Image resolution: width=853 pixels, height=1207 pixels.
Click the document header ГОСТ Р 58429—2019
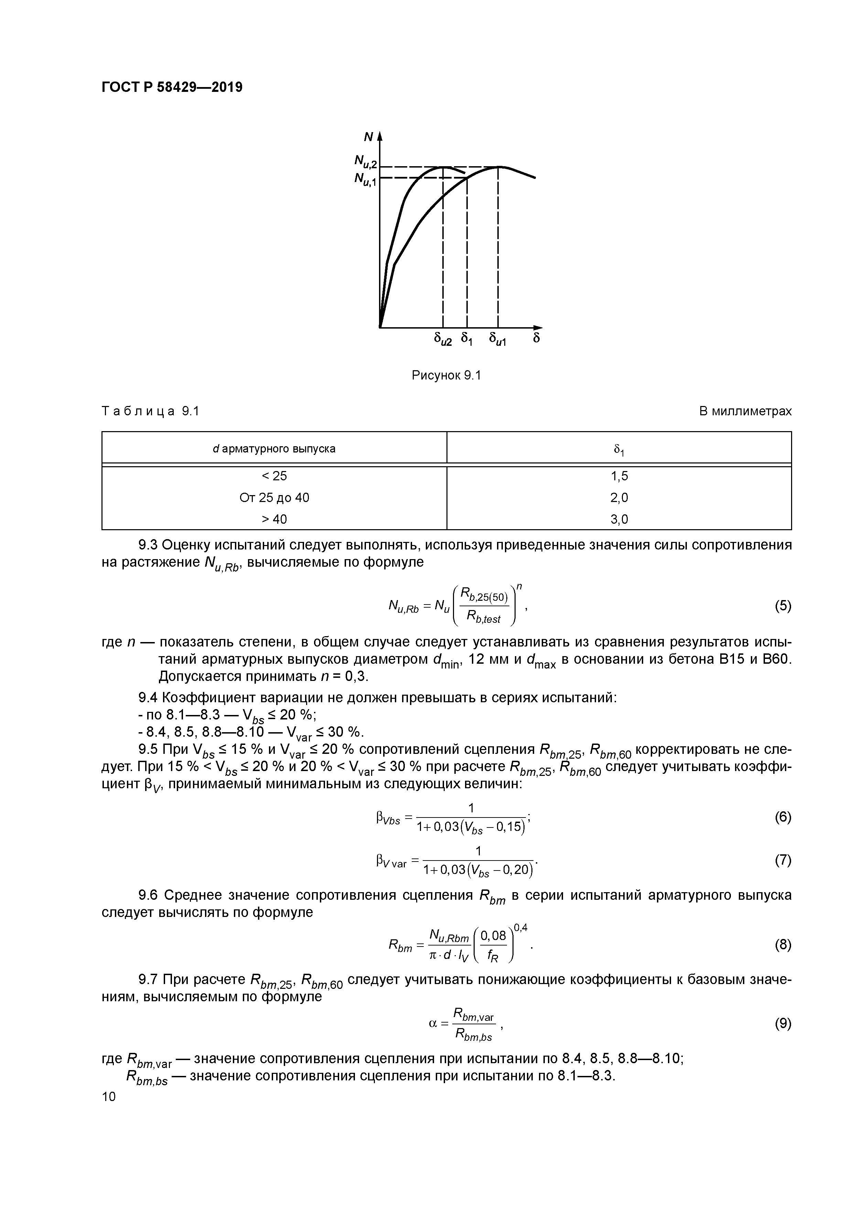click(x=172, y=87)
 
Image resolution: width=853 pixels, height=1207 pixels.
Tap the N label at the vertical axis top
click(x=368, y=137)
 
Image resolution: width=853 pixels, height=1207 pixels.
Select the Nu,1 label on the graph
click(x=366, y=180)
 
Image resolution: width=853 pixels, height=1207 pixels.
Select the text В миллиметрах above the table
click(x=745, y=412)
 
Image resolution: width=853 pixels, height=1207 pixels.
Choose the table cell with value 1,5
click(x=619, y=476)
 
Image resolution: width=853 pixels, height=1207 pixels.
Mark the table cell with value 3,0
click(x=619, y=520)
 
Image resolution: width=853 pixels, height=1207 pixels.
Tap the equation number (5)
click(x=782, y=606)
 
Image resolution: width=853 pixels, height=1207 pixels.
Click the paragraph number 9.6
click(x=149, y=895)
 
